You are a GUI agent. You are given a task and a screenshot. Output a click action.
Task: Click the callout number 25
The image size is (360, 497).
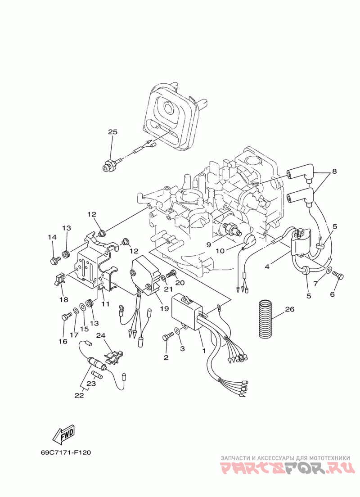[x=112, y=131]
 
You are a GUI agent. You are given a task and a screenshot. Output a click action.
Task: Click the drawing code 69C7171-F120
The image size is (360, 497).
[x=66, y=452]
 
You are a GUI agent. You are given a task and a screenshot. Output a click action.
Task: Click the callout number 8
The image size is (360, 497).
[x=334, y=172]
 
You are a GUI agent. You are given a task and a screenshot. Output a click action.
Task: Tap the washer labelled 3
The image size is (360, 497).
[x=178, y=330]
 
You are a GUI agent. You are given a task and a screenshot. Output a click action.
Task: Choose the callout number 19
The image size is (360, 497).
[x=164, y=308]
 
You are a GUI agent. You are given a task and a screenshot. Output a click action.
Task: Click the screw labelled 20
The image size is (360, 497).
[x=171, y=273]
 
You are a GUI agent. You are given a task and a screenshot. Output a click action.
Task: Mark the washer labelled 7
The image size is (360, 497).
[x=328, y=271]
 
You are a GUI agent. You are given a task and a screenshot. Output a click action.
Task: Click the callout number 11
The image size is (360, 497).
[x=105, y=304]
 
